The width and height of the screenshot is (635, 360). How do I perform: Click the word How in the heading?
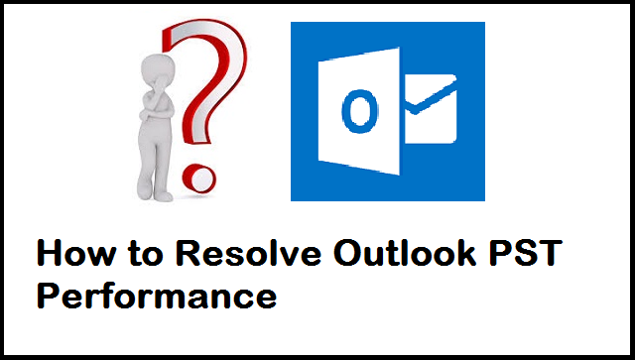tap(72, 254)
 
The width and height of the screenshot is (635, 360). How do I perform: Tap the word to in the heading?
tap(139, 255)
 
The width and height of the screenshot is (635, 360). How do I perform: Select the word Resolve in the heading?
tap(234, 254)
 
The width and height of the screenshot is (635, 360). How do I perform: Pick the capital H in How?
tap(49, 254)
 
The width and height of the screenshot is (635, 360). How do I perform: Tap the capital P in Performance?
tap(48, 296)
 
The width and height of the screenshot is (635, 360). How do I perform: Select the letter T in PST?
tap(550, 254)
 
